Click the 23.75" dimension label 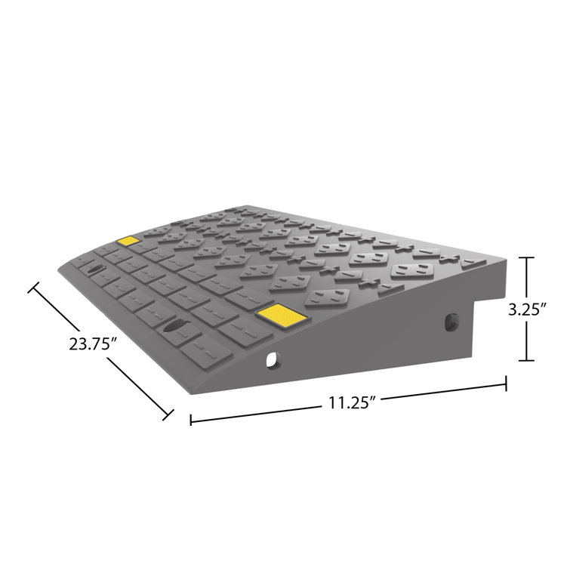click(x=93, y=344)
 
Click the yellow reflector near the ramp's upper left click(x=128, y=242)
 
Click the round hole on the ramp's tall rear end click(x=450, y=322)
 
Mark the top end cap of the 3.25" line click(x=528, y=258)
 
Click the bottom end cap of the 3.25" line click(x=528, y=361)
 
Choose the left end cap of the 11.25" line click(x=190, y=419)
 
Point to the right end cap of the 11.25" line click(x=505, y=385)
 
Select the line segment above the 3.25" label click(x=528, y=279)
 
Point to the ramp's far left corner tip click(x=60, y=270)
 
